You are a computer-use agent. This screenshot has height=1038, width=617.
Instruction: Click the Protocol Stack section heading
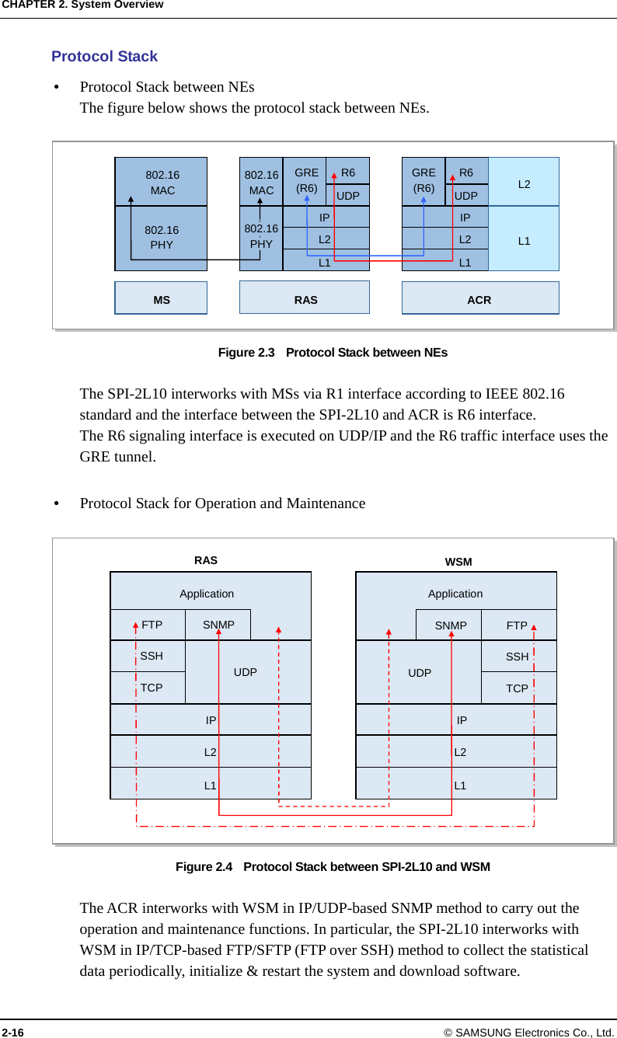coord(104,57)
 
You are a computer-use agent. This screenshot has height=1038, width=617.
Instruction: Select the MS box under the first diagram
coord(161,298)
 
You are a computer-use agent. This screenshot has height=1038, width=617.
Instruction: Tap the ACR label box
coord(479,299)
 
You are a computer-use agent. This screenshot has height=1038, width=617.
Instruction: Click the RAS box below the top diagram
coord(305,298)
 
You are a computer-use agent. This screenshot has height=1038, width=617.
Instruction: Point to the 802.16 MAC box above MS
coord(162,182)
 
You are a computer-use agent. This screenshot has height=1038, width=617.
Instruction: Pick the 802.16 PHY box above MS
coord(162,238)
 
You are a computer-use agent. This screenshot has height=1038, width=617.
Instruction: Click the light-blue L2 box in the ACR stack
coord(524,183)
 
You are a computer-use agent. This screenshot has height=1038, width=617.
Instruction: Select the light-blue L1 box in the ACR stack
coord(524,241)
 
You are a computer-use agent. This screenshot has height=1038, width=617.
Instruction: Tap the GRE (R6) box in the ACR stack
coord(424,180)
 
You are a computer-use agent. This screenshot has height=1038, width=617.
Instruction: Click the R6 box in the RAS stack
coord(348,172)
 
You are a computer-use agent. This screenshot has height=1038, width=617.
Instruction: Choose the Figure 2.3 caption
coord(333,353)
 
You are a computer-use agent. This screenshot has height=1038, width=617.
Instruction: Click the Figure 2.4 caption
coord(333,866)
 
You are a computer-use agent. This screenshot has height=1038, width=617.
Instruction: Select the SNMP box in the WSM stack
coord(450,625)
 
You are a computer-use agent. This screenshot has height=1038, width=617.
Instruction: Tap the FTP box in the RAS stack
coord(152,625)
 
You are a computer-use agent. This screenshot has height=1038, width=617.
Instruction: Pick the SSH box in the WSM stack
coord(517,657)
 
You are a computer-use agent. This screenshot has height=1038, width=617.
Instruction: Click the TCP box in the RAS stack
coord(152,688)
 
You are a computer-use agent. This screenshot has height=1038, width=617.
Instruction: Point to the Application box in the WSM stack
coord(455,593)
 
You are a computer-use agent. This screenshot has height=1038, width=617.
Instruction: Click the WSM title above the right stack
coord(458,562)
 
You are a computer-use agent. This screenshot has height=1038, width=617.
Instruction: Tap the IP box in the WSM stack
coord(462,720)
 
